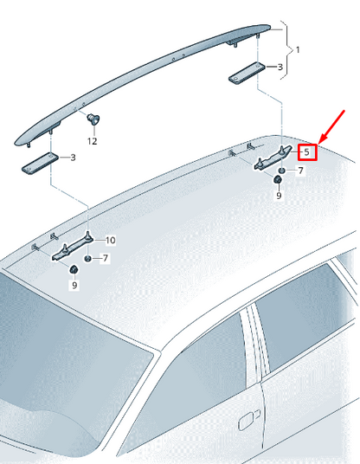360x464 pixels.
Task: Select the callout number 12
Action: click(x=92, y=140)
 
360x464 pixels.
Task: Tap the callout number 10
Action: click(x=110, y=240)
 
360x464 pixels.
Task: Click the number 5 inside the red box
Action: click(x=307, y=152)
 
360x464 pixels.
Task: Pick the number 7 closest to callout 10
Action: click(x=106, y=259)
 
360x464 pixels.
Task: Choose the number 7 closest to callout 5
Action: click(x=300, y=171)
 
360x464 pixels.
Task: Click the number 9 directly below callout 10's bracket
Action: click(x=74, y=286)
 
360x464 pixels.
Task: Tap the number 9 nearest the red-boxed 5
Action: click(x=279, y=197)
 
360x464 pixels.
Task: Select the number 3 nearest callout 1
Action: click(x=280, y=67)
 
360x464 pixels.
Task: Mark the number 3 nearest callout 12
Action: click(x=72, y=157)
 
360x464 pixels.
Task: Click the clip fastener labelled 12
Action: click(x=92, y=118)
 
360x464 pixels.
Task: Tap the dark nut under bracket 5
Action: click(x=279, y=179)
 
